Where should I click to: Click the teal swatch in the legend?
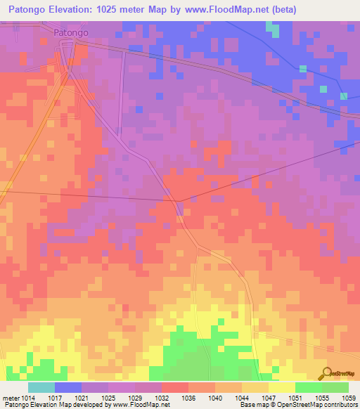point(41,387)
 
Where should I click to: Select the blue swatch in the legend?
point(68,387)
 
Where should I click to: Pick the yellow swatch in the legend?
point(281,387)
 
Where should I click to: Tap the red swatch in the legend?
point(175,387)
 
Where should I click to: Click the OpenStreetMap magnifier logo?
point(326,373)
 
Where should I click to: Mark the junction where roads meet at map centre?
point(179,202)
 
